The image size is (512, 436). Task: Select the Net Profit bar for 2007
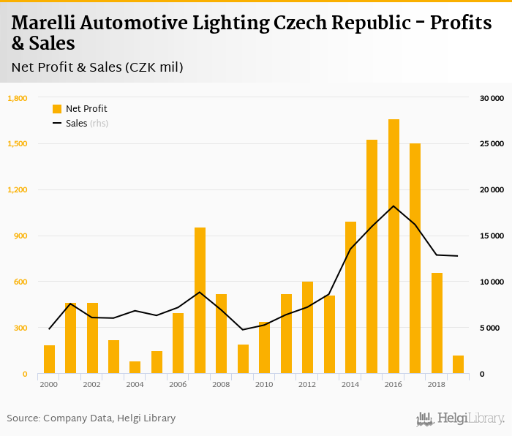[x=200, y=301]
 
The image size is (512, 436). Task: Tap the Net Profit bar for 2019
[x=458, y=364]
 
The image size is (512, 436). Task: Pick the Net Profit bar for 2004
[x=135, y=367]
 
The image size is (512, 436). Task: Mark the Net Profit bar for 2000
[x=49, y=359]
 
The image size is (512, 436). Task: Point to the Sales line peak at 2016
[x=394, y=206]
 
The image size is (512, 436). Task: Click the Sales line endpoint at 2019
[x=458, y=256]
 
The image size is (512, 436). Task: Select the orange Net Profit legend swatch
[x=57, y=109]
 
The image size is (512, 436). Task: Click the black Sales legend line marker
[x=57, y=124]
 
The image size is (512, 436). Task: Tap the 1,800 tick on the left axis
[x=18, y=98]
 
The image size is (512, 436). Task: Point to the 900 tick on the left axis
[x=20, y=236]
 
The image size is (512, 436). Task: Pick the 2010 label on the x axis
[x=264, y=384]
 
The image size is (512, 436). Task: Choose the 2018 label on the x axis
[x=437, y=384]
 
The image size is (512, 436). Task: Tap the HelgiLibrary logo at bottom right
[x=461, y=418]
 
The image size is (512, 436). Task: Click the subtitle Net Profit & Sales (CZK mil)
[x=97, y=67]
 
